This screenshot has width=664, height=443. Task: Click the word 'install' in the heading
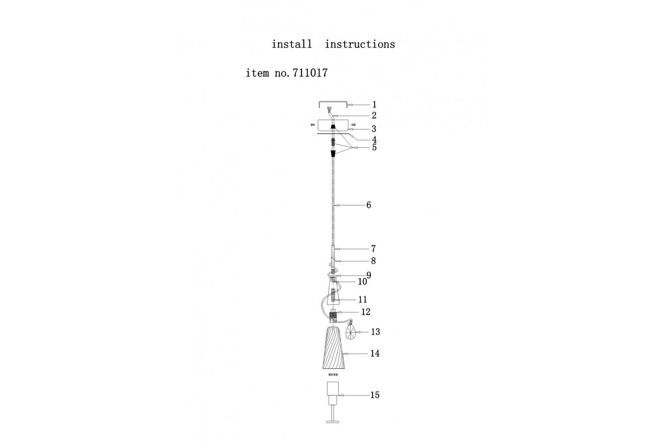click(292, 44)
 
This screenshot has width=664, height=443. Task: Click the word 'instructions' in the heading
click(360, 44)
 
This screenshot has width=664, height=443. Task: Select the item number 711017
click(310, 73)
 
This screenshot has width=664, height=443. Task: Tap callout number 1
click(375, 105)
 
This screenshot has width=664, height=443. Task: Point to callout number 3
click(374, 129)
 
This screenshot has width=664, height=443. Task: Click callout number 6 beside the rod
click(369, 205)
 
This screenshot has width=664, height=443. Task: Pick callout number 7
click(373, 249)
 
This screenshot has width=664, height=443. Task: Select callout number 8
click(373, 261)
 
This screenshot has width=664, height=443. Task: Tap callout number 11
click(362, 300)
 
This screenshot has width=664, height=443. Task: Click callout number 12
click(366, 312)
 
